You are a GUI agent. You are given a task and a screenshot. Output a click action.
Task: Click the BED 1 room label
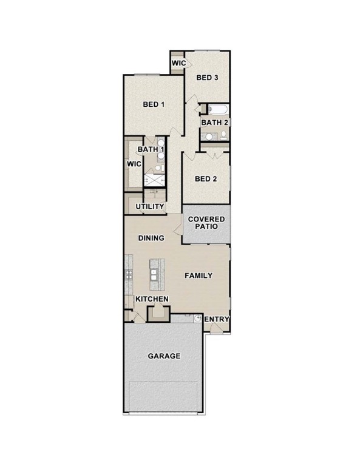click(x=154, y=104)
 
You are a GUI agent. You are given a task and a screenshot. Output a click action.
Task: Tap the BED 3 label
click(x=207, y=78)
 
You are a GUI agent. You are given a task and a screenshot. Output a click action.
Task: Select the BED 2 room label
click(x=206, y=178)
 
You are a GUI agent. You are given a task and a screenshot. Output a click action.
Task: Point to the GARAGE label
click(x=164, y=356)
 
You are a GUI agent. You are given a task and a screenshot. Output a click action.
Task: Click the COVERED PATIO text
click(x=206, y=223)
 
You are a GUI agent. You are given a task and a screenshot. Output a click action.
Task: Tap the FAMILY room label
click(x=199, y=275)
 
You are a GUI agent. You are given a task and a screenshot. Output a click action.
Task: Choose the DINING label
click(x=151, y=238)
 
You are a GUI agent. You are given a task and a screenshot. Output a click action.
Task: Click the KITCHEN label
click(x=152, y=299)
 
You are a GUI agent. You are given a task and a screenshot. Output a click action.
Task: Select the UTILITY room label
click(x=150, y=206)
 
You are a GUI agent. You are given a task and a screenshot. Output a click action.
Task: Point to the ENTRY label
click(x=217, y=319)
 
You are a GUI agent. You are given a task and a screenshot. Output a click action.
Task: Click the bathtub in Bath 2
click(x=218, y=109)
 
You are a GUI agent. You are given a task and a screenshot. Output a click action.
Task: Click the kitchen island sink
click(x=154, y=275)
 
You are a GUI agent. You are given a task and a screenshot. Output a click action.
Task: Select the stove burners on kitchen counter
click(x=129, y=274)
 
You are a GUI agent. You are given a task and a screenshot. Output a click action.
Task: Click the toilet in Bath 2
click(x=223, y=136)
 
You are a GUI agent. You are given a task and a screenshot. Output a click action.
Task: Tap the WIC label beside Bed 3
click(x=179, y=63)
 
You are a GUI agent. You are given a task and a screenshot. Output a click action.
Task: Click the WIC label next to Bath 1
click(x=134, y=164)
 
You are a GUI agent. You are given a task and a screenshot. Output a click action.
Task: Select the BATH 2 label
click(x=215, y=122)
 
